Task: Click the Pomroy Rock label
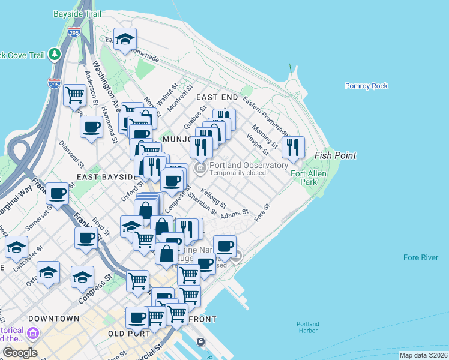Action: click(366, 86)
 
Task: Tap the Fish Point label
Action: click(336, 155)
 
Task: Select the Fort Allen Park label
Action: click(303, 178)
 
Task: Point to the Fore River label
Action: click(421, 258)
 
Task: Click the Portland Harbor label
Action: click(307, 328)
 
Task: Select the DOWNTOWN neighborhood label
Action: click(54, 318)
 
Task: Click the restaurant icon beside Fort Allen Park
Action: click(293, 146)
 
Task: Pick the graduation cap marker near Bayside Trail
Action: click(125, 39)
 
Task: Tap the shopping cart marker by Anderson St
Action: click(74, 94)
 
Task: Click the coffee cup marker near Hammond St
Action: click(91, 127)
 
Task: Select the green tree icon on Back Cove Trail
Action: click(55, 55)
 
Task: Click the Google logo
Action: click(20, 353)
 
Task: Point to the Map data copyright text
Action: click(423, 355)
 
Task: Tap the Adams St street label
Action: click(234, 214)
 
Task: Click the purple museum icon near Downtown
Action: click(32, 332)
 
